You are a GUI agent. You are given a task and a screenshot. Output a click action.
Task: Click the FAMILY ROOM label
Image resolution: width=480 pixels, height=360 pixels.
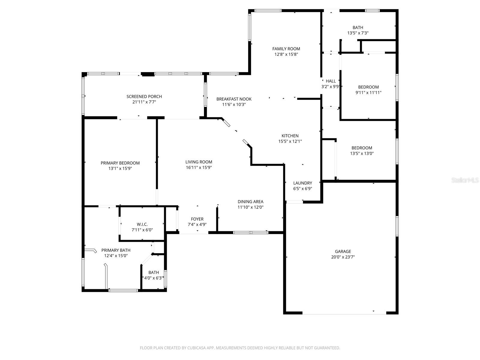click(286, 49)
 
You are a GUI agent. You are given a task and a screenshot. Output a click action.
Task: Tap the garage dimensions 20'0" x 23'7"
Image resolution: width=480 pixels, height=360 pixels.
click(343, 257)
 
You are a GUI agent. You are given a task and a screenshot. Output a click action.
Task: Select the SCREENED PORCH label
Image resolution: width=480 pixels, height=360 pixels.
click(144, 97)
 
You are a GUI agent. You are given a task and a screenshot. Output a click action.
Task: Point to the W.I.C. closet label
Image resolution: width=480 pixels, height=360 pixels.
click(142, 224)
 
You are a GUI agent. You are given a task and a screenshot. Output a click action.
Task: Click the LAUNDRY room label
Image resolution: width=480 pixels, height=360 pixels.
click(302, 183)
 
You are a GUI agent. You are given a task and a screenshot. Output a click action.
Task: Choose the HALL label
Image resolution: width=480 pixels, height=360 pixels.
click(331, 81)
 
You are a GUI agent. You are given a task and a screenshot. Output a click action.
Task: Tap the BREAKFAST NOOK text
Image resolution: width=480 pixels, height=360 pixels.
click(234, 99)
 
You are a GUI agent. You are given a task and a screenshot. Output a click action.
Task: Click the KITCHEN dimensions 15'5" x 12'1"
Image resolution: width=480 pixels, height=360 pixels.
click(290, 141)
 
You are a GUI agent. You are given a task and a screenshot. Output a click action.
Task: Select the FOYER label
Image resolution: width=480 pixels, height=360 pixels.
click(197, 219)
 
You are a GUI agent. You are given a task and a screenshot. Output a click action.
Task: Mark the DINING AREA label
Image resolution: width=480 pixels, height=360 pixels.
click(250, 202)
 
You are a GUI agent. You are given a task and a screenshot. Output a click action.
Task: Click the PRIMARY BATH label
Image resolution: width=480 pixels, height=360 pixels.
click(116, 250)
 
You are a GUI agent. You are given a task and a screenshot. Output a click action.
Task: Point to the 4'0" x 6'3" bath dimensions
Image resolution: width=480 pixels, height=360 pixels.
click(154, 278)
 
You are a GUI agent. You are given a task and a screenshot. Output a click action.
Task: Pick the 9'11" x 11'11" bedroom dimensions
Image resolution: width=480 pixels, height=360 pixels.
click(368, 93)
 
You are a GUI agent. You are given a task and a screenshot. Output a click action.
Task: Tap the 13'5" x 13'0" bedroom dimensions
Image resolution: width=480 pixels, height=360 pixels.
click(362, 154)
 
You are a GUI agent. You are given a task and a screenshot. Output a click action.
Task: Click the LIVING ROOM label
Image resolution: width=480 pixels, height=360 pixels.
click(199, 162)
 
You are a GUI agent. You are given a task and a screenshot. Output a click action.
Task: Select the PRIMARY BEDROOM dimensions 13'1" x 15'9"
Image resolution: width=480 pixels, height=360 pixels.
click(120, 169)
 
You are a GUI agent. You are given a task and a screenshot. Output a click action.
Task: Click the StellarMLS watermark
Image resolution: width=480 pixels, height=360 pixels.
click(465, 180)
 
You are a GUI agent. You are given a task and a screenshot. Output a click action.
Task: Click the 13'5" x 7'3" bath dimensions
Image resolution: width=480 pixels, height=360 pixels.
click(358, 33)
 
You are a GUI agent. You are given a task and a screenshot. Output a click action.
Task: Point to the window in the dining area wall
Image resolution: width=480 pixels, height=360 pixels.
click(251, 232)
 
